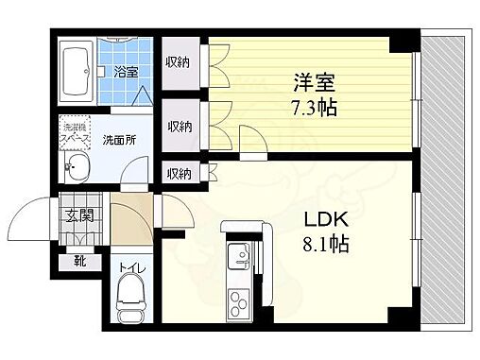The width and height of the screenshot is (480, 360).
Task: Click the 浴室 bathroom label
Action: click(x=127, y=71)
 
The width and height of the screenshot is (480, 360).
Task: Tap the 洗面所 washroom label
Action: click(x=119, y=137)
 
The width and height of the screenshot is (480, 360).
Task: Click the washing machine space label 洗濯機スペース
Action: click(x=75, y=131)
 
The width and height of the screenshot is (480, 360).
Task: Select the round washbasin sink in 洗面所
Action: click(x=76, y=170)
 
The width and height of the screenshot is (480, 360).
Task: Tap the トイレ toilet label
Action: click(x=131, y=269)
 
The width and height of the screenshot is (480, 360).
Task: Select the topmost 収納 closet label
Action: click(x=178, y=64)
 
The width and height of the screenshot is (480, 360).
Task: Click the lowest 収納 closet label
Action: click(x=178, y=173)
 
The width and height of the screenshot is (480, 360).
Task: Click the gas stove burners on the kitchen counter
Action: click(x=235, y=302)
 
